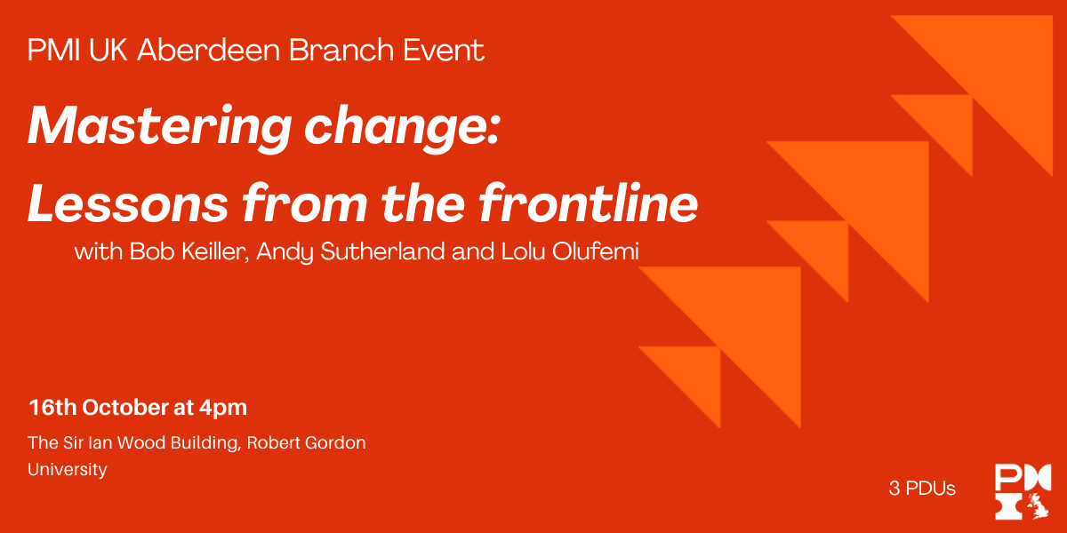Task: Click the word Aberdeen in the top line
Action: tap(209, 50)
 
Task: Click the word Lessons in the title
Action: tap(128, 203)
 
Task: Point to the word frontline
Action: tap(589, 203)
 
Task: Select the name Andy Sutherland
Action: tap(350, 251)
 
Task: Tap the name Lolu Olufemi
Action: tap(570, 251)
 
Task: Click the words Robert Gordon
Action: tap(306, 443)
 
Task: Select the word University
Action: tap(68, 470)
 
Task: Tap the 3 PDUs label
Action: tap(922, 489)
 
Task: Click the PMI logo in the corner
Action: tap(1023, 491)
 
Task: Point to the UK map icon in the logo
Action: tap(1039, 506)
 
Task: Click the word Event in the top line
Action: tap(444, 50)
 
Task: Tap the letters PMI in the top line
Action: tap(54, 50)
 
